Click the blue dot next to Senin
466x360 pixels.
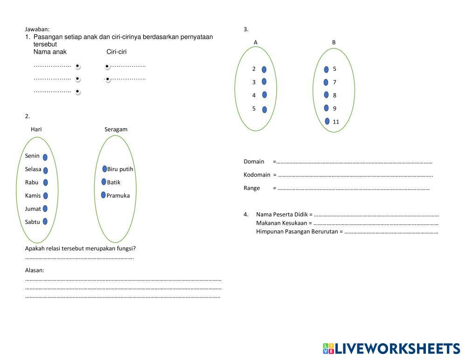[45, 157]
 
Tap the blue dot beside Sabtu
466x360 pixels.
[45, 222]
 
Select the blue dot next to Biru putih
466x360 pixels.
[104, 169]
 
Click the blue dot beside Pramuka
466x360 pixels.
[104, 195]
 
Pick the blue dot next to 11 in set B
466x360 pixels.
[327, 121]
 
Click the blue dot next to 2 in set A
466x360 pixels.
[264, 69]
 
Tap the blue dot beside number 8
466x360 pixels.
[327, 95]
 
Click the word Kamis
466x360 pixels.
[33, 195]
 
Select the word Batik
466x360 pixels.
[113, 182]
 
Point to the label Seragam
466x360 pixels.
[116, 130]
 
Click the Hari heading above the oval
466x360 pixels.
[36, 129]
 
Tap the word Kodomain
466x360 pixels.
[257, 175]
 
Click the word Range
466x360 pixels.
[252, 188]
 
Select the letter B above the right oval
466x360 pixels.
[334, 42]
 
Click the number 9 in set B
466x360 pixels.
[334, 108]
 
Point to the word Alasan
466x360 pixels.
[35, 270]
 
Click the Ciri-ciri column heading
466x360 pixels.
[117, 52]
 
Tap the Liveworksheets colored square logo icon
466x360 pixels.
[328, 348]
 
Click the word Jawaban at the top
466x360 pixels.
[37, 29]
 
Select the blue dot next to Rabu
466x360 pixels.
[45, 182]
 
